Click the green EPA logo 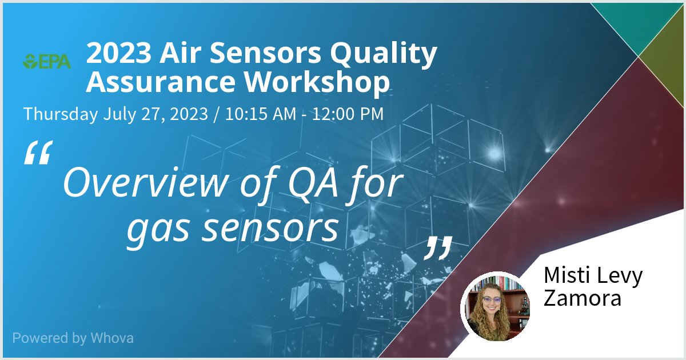47,61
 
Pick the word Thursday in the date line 61,114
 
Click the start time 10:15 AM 261,114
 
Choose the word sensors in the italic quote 262,228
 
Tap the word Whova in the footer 111,338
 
